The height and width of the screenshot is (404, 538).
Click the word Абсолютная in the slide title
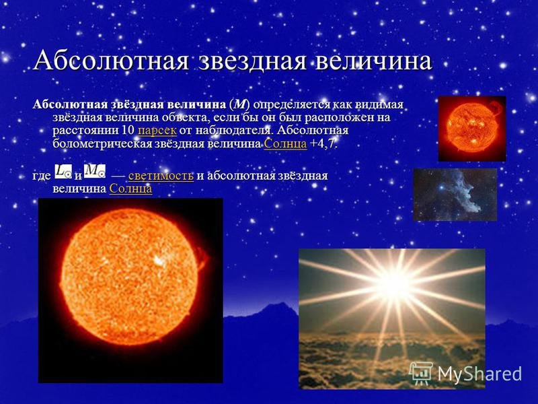(x=111, y=61)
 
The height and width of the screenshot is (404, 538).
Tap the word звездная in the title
(x=253, y=61)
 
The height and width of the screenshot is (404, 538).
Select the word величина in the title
(x=373, y=61)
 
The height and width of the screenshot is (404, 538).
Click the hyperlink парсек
(x=157, y=131)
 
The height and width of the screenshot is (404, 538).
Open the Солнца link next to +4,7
(x=285, y=144)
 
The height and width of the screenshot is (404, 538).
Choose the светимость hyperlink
(x=161, y=176)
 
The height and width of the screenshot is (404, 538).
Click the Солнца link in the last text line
(x=130, y=189)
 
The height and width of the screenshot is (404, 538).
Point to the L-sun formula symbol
(x=63, y=172)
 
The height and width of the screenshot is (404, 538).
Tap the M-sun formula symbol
(x=95, y=172)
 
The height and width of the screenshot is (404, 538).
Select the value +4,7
(x=323, y=144)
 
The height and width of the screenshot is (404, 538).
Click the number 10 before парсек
(x=128, y=131)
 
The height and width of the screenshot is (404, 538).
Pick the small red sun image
(x=472, y=129)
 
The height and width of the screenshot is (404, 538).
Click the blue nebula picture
(x=455, y=195)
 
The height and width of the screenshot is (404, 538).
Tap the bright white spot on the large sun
(x=159, y=261)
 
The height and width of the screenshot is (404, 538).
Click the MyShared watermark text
(x=479, y=374)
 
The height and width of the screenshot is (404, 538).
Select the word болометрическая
(x=102, y=144)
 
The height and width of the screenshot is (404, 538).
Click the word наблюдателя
(x=233, y=131)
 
